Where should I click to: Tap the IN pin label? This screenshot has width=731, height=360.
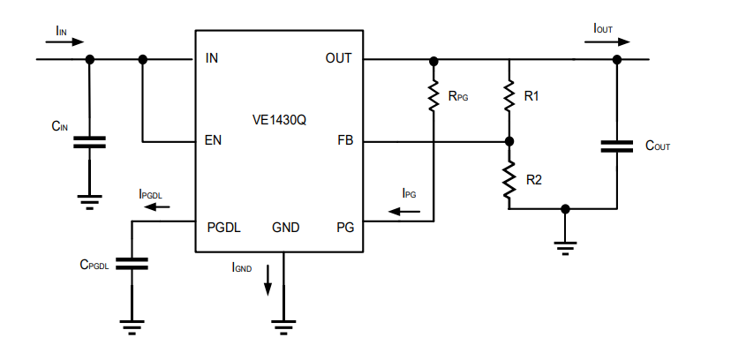click(212, 59)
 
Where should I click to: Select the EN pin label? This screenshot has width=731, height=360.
click(213, 141)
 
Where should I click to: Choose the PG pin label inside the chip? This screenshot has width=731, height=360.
click(344, 228)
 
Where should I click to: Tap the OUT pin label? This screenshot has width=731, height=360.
click(338, 59)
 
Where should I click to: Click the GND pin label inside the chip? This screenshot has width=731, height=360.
click(285, 228)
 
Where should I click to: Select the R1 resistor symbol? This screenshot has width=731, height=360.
click(509, 96)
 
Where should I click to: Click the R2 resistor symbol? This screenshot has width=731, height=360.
click(509, 180)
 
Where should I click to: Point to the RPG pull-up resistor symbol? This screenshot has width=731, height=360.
click(433, 96)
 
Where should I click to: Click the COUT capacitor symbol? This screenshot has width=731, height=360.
click(617, 146)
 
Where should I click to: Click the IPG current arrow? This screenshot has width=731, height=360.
click(404, 212)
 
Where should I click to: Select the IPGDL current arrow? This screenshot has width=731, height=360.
click(156, 207)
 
